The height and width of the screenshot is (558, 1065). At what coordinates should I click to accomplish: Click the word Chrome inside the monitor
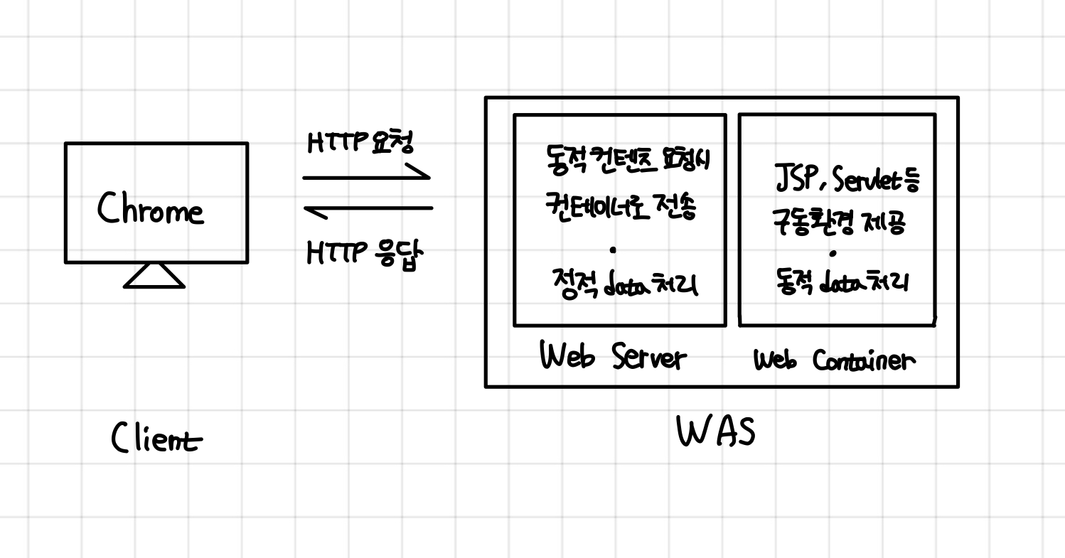(151, 209)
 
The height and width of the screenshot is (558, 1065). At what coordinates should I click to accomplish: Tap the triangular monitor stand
(154, 276)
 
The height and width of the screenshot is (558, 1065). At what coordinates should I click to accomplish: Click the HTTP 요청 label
(361, 142)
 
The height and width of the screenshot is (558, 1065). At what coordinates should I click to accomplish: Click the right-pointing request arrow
(367, 176)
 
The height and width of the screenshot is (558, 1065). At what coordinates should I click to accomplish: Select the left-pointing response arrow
(368, 209)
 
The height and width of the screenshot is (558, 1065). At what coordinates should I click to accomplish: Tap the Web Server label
(613, 357)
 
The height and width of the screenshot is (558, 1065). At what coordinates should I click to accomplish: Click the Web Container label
(835, 360)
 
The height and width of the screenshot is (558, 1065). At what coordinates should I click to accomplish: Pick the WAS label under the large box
(716, 431)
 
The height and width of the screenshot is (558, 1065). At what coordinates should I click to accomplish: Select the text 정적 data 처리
(625, 285)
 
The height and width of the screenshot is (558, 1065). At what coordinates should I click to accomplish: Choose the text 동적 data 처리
(842, 284)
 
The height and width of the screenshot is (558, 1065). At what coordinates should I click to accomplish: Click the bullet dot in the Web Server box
(613, 250)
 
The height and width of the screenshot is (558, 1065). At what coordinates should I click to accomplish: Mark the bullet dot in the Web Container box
(833, 252)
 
